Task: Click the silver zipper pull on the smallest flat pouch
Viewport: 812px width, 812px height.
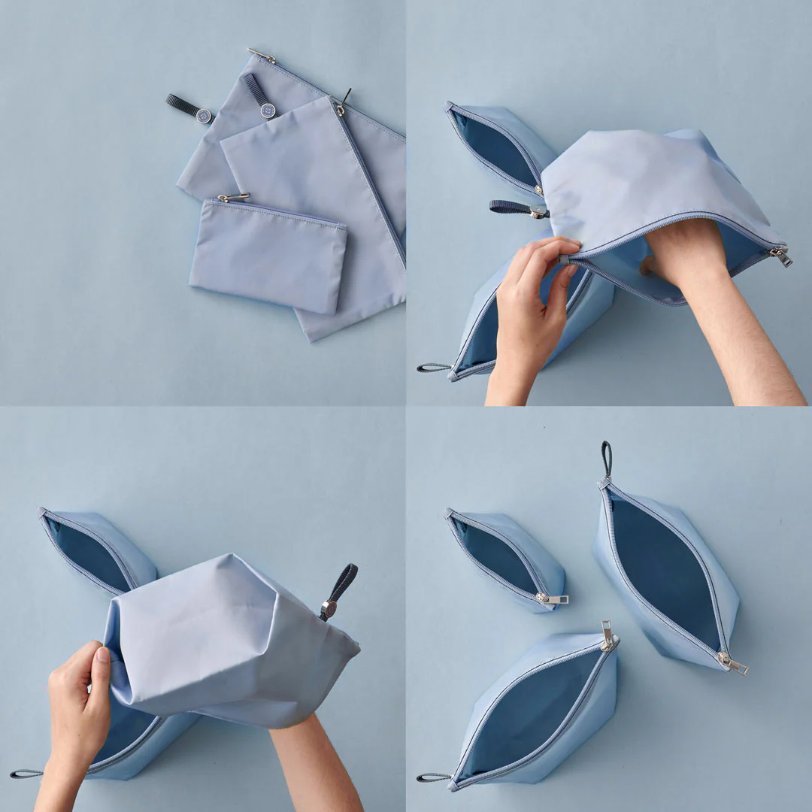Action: point(232,198)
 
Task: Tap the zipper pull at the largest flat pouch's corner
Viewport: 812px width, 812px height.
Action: point(262,55)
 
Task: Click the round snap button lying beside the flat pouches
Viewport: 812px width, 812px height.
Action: point(203,115)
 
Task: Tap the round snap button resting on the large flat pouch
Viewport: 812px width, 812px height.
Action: point(268,110)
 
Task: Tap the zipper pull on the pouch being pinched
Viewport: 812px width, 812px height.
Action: point(781,258)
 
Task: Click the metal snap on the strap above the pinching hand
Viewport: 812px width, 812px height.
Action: point(538,211)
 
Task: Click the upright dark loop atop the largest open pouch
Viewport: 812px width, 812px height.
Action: point(606,458)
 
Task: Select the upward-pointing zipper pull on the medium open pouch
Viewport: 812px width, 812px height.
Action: point(607,636)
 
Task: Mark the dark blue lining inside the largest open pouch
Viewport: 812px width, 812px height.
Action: point(665,571)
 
